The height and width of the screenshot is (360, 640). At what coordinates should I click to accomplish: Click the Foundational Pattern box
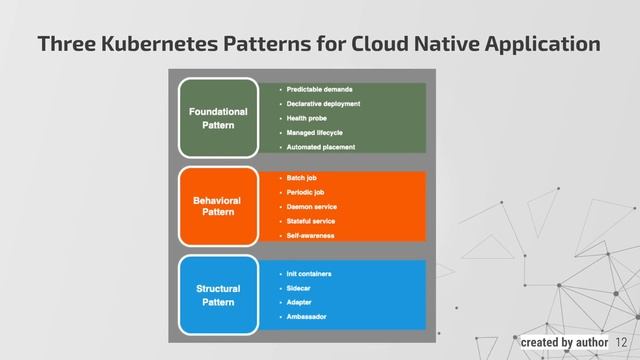pyautogui.click(x=218, y=119)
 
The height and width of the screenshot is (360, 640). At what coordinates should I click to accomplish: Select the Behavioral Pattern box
pyautogui.click(x=218, y=207)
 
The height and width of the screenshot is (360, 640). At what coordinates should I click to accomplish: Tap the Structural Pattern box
pyautogui.click(x=218, y=295)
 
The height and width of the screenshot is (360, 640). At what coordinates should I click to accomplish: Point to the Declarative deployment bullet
pyautogui.click(x=323, y=103)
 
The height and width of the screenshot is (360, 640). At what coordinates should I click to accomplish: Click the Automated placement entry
pyautogui.click(x=320, y=147)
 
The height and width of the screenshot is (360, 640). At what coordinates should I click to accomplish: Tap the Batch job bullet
pyautogui.click(x=301, y=177)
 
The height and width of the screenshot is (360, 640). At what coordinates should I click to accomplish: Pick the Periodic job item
pyautogui.click(x=305, y=192)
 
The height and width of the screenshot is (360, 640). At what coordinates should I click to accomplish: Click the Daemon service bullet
pyautogui.click(x=311, y=206)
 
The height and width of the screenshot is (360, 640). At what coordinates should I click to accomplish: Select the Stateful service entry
pyautogui.click(x=310, y=220)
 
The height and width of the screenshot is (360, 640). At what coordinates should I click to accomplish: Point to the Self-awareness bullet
pyautogui.click(x=310, y=235)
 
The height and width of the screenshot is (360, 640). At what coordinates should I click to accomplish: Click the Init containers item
pyautogui.click(x=309, y=273)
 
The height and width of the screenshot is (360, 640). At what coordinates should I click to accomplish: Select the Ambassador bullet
pyautogui.click(x=306, y=317)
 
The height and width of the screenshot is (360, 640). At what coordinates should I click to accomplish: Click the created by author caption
pyautogui.click(x=564, y=343)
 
